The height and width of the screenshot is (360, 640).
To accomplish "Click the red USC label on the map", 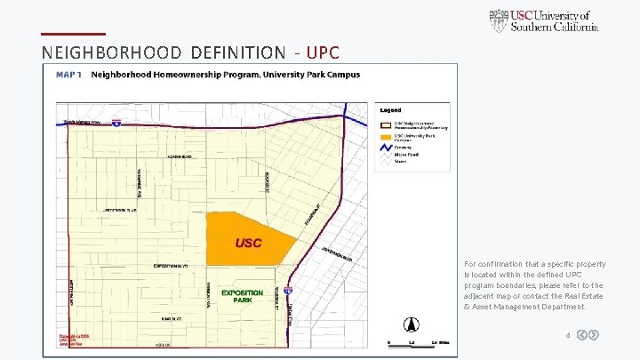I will (248, 243).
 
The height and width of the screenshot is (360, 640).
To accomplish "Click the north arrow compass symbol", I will (411, 324).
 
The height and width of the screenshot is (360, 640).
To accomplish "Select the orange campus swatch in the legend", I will (387, 136).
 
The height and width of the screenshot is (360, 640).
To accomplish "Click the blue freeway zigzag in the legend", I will (387, 148).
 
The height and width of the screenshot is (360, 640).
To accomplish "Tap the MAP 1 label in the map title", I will (69, 75).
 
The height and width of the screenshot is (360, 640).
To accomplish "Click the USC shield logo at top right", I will (500, 20).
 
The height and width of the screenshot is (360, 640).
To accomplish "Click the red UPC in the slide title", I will (323, 52).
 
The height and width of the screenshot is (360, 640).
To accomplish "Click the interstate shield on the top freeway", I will (116, 124).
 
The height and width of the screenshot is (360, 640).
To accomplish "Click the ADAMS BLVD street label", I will (179, 156).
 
